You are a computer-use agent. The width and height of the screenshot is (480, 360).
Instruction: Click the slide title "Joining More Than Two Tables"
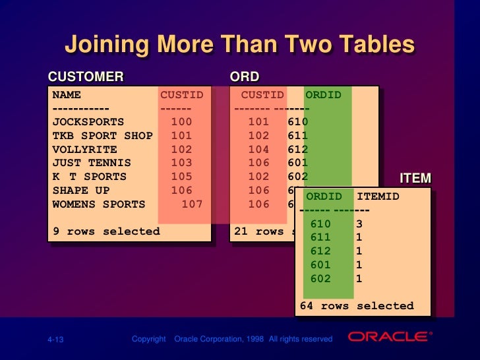click(x=239, y=45)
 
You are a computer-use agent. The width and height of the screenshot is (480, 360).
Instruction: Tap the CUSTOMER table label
click(x=85, y=77)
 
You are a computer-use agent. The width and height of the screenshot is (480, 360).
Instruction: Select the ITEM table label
click(x=415, y=179)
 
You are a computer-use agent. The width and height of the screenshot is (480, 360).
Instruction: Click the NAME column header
click(x=67, y=95)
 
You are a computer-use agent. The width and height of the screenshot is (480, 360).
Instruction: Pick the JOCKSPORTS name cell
click(x=88, y=122)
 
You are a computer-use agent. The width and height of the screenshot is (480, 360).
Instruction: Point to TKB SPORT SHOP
click(x=102, y=136)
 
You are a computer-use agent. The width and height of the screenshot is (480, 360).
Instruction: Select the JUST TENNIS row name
click(x=92, y=163)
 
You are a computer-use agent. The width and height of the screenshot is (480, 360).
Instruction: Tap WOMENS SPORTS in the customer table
click(x=98, y=204)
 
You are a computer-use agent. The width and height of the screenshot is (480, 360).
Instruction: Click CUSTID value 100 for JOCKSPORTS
click(x=181, y=122)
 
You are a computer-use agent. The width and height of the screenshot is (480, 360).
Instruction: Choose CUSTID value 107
click(x=192, y=204)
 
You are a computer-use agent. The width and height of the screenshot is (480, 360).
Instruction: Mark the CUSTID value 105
click(x=181, y=177)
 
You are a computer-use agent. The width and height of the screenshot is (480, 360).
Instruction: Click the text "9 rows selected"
click(x=106, y=231)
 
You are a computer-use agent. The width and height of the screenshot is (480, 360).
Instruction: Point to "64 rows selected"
click(x=357, y=306)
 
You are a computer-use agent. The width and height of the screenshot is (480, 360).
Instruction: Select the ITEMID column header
click(x=378, y=196)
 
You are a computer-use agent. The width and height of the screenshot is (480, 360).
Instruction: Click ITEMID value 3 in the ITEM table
click(x=359, y=224)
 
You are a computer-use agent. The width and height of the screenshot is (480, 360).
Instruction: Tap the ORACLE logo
click(x=390, y=337)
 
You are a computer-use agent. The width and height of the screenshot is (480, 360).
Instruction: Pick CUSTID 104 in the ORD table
click(x=258, y=149)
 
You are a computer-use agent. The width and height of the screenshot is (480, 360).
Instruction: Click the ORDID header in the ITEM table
click(x=324, y=196)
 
